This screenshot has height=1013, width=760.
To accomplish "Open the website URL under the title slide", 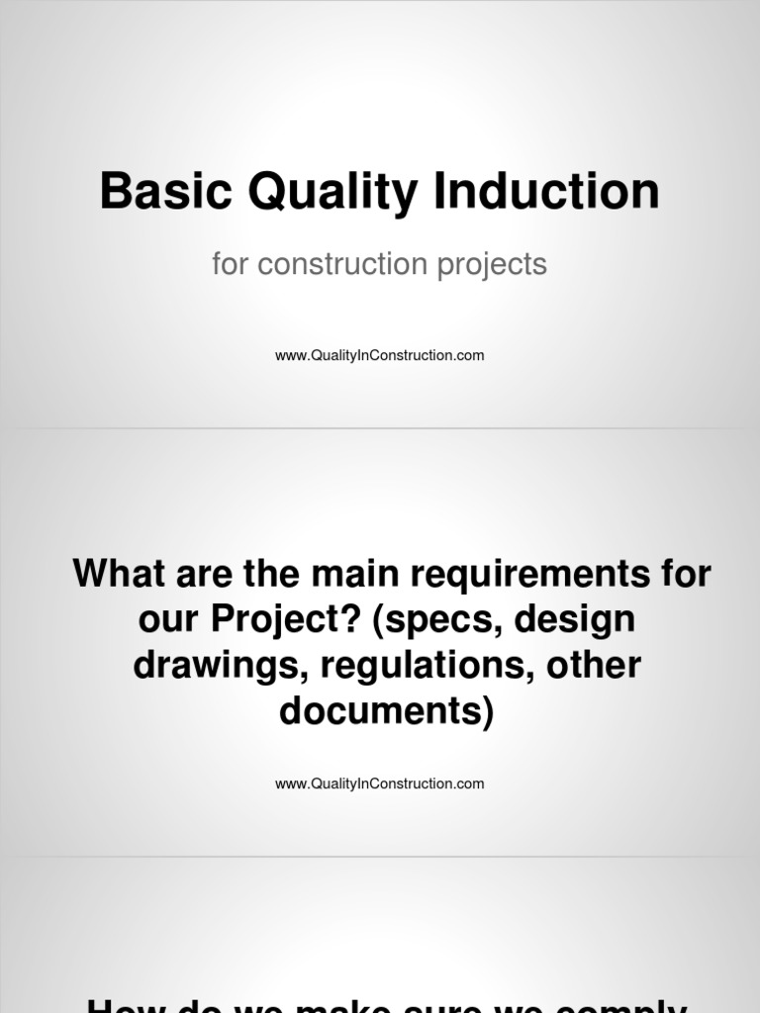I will [x=380, y=355].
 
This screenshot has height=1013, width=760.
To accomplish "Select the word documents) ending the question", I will [x=386, y=710].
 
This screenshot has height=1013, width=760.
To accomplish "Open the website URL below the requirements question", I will [x=380, y=783].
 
